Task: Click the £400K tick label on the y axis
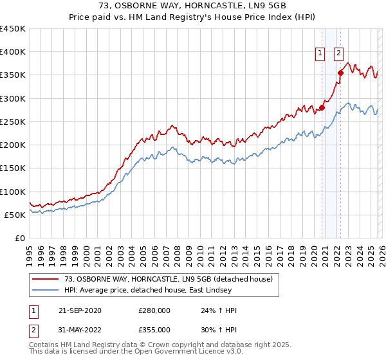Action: [x=13, y=52]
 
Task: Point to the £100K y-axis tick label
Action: [x=13, y=192]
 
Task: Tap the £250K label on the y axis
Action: [x=13, y=122]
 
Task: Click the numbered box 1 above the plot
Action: [x=320, y=54]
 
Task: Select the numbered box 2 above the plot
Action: [x=338, y=54]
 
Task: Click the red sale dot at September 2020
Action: [x=322, y=108]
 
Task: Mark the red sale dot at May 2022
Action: [x=341, y=73]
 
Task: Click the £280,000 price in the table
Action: [x=154, y=310]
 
